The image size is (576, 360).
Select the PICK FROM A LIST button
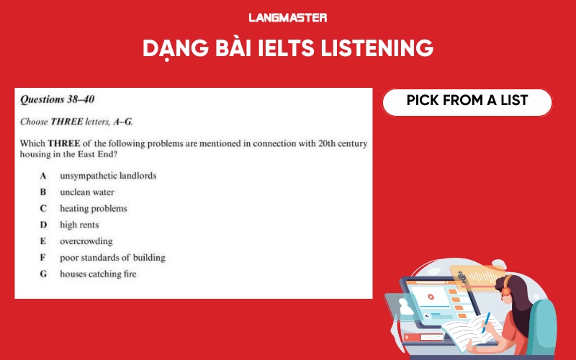467,101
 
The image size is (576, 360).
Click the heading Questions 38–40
57,99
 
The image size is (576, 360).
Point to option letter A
43,176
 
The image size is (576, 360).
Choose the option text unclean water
86,192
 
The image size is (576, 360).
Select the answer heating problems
93,209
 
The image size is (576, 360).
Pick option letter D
43,225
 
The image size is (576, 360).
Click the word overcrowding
86,242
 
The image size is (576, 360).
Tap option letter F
43,258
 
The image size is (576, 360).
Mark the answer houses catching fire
98,274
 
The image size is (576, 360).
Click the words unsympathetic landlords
108,176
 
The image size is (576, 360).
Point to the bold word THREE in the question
63,143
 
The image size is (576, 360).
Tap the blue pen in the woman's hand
486,319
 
